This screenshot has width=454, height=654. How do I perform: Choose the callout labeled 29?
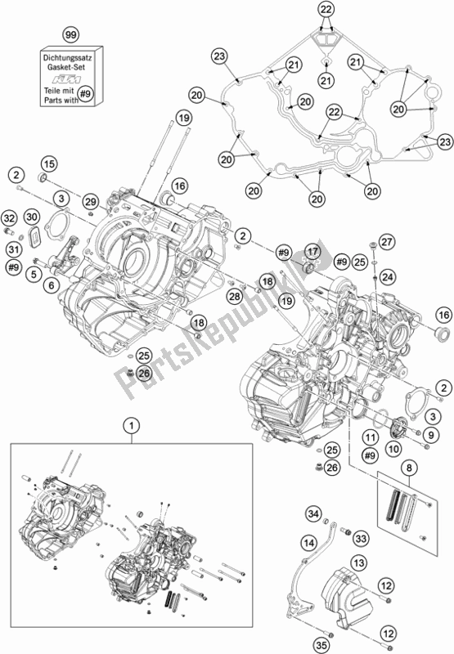click(90, 202)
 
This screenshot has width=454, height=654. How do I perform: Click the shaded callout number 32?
click(9, 218)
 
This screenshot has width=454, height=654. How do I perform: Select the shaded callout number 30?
click(32, 217)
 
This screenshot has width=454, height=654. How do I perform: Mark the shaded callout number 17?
click(312, 250)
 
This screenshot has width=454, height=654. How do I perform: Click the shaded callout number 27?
click(387, 241)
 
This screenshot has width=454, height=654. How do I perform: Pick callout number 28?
click(236, 295)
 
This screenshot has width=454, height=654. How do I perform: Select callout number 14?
click(308, 542)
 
